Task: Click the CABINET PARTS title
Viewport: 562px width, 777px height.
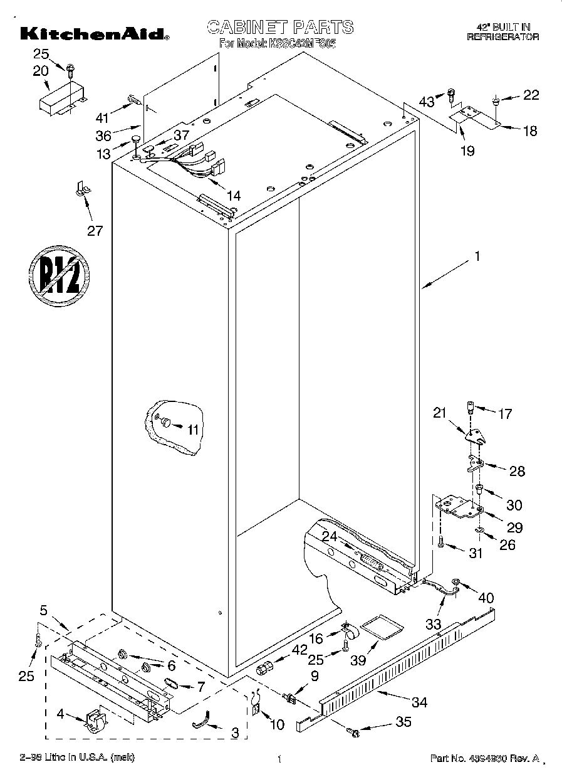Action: click(x=280, y=27)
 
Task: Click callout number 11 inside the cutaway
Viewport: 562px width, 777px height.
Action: click(x=192, y=430)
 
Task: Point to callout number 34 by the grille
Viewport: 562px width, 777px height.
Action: click(x=419, y=702)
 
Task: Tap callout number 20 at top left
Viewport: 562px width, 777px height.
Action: click(x=41, y=71)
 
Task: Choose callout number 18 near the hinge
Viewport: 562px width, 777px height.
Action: click(x=529, y=130)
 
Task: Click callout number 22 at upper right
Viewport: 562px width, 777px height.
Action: click(x=531, y=95)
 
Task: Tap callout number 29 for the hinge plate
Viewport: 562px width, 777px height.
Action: click(x=514, y=527)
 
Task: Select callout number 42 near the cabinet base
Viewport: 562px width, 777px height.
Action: click(x=282, y=650)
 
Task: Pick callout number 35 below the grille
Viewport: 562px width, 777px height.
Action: click(x=403, y=722)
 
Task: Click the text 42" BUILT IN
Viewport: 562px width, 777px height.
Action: click(x=503, y=27)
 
